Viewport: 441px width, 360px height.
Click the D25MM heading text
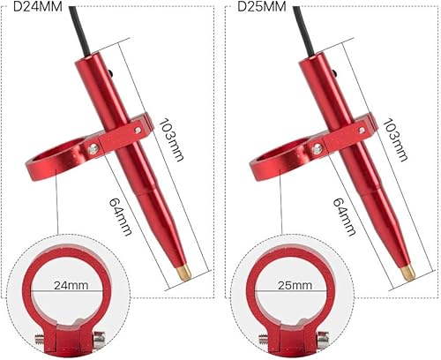coord(263,8)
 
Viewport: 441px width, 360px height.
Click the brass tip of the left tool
coord(180,268)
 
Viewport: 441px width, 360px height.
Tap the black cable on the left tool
coord(84,22)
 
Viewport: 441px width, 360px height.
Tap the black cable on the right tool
coord(308,22)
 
